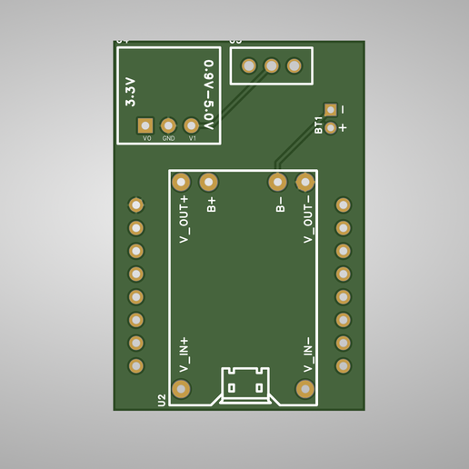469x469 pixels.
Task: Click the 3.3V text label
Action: click(130, 92)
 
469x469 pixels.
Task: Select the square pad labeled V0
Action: click(145, 125)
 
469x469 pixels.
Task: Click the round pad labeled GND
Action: click(168, 125)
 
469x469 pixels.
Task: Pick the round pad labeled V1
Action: click(191, 125)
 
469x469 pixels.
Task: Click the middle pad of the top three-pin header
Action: click(271, 65)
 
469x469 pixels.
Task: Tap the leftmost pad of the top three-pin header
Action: click(248, 65)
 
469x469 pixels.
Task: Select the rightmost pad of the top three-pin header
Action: click(294, 65)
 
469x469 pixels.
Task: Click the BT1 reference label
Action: click(318, 125)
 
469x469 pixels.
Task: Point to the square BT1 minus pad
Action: click(331, 109)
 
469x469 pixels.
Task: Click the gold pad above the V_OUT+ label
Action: click(181, 182)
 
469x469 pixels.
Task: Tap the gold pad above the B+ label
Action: click(208, 182)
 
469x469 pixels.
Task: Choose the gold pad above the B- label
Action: click(278, 182)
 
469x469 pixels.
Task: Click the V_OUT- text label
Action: click(308, 219)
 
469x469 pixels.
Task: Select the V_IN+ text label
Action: click(184, 354)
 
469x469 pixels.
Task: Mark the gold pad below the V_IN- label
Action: click(305, 389)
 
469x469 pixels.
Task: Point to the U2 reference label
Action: click(162, 399)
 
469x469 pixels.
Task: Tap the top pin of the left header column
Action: click(136, 205)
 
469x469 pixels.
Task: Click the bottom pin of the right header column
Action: click(344, 365)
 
